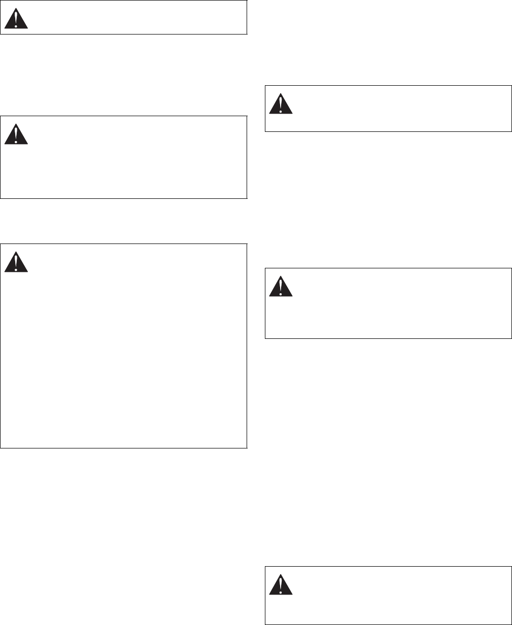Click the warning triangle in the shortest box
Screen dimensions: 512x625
(x=16, y=19)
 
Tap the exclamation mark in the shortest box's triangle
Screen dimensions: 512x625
(x=16, y=20)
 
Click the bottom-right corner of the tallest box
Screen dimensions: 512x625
(x=247, y=448)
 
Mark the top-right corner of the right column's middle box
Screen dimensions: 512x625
(x=511, y=268)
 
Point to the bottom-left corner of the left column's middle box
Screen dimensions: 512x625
(x=1, y=197)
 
